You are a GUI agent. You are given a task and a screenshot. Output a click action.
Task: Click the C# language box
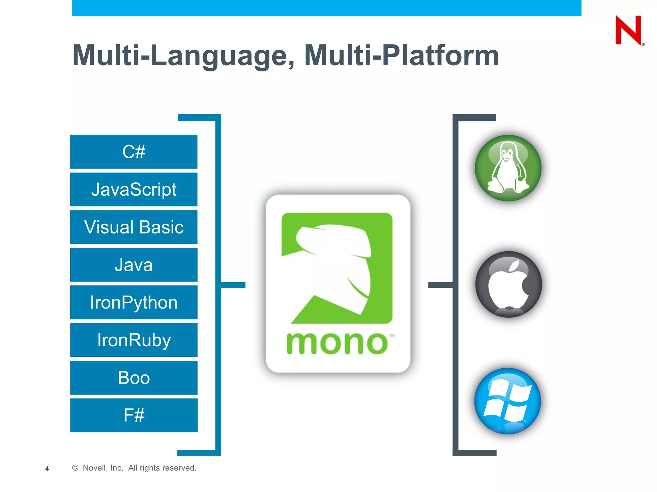(x=134, y=152)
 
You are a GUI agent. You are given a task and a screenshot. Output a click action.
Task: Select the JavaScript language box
(x=134, y=189)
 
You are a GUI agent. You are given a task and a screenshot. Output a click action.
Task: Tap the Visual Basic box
(x=134, y=227)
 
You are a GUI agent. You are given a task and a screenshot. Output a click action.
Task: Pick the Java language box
(x=134, y=265)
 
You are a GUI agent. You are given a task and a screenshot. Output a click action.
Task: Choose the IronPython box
(x=134, y=302)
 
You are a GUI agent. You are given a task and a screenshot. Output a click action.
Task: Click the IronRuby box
(x=134, y=340)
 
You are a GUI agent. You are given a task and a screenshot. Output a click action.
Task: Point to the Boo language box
(x=134, y=378)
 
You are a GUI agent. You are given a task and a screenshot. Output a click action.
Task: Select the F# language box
(x=134, y=415)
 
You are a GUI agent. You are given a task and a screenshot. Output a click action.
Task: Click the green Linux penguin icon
(x=508, y=168)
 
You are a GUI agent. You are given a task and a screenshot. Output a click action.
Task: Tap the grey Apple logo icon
(x=508, y=284)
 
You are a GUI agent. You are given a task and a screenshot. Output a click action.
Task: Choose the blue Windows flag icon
(x=508, y=401)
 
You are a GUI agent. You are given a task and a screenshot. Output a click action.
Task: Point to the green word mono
(x=337, y=343)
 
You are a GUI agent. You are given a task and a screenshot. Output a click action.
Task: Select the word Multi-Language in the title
(x=183, y=55)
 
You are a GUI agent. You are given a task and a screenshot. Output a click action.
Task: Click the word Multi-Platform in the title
(x=401, y=55)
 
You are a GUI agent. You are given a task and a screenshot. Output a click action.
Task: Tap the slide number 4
(x=47, y=469)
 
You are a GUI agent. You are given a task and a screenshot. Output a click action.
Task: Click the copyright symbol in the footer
(x=75, y=468)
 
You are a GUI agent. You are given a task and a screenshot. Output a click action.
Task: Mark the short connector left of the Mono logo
(x=233, y=285)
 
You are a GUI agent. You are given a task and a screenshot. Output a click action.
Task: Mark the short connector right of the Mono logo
(x=441, y=285)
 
